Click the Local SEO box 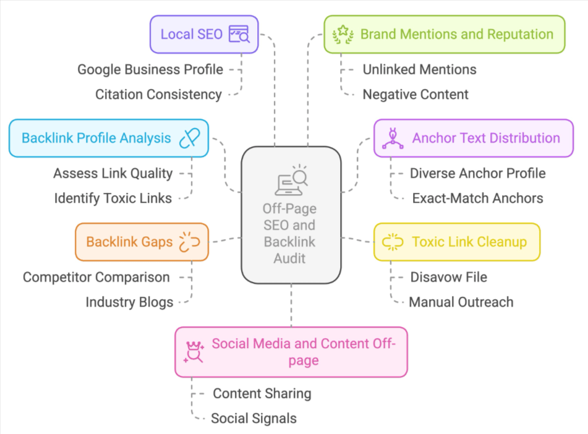point(204,34)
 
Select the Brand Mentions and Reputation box point(444,34)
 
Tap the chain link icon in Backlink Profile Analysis point(190,138)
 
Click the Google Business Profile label point(150,69)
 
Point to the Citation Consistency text point(158,94)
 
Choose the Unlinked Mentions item point(419,69)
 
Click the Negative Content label point(415,94)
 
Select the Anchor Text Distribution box point(474,138)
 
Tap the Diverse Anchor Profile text point(477,173)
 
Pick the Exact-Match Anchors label point(477,198)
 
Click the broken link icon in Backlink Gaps point(189,242)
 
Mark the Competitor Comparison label point(96,277)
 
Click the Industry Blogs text point(129,302)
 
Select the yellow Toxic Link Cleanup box point(456,242)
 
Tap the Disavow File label point(448,277)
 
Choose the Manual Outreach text point(461,302)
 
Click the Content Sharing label point(262,393)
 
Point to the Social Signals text point(254,418)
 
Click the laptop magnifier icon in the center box point(291,181)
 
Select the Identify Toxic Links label point(113,198)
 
